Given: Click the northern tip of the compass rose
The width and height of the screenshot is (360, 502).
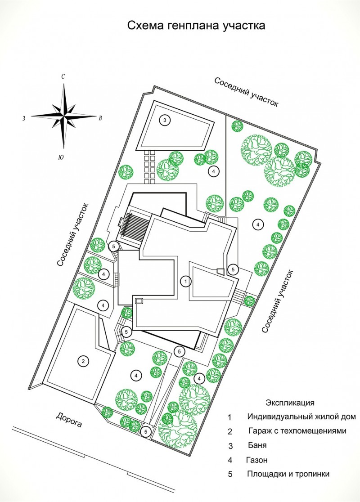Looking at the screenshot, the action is pos(64,84).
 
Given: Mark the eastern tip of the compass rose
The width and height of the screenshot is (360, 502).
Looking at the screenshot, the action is pos(96,116).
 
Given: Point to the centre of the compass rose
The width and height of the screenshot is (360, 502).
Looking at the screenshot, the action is pos(64,116).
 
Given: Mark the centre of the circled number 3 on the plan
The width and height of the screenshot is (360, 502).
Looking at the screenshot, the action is pos(165,121).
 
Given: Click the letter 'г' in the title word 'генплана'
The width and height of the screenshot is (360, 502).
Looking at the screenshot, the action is pos(169,26).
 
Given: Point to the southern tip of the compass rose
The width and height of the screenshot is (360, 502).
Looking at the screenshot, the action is pos(64,149).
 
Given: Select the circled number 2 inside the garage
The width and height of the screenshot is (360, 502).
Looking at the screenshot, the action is pos(83,362).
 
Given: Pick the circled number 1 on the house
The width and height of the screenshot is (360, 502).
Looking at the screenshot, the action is pos(185,282).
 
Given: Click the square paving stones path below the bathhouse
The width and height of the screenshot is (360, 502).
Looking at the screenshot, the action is pos(149,166).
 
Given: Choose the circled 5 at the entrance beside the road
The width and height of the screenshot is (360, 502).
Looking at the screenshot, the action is pos(146,431).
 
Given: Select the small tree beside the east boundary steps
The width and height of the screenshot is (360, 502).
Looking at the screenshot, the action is pos(249,301).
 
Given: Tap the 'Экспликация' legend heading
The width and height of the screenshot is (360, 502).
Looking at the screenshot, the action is pos(290,403).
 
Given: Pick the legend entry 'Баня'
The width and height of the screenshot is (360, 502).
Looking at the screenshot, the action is pos(257,445).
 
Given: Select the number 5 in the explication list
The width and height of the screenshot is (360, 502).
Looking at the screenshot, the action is pos(230,474).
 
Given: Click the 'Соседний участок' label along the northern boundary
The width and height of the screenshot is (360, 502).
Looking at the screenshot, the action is pos(246,92).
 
